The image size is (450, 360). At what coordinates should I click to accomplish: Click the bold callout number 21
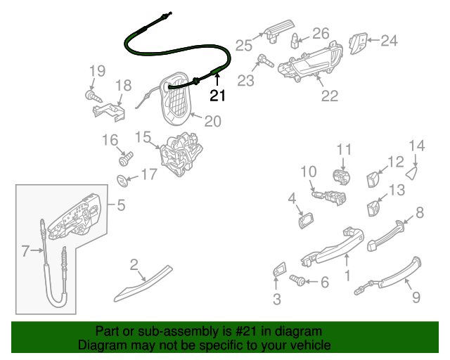click(x=217, y=94)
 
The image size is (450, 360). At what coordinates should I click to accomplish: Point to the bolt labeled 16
click(x=127, y=154)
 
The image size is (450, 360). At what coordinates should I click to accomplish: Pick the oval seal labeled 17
click(x=122, y=181)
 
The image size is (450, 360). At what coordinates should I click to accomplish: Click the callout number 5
click(x=121, y=205)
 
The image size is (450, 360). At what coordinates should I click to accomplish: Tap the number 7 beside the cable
click(x=25, y=250)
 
